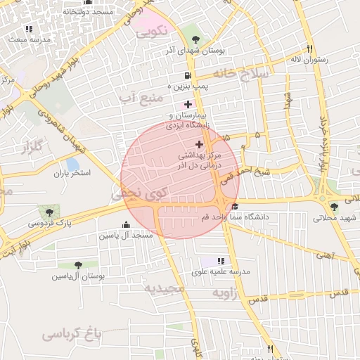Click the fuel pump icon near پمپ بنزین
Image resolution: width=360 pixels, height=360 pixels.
point(186,75)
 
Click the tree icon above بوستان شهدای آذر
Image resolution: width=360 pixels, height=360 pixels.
point(195,39)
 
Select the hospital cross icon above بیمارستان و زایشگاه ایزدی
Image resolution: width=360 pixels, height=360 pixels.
point(187,104)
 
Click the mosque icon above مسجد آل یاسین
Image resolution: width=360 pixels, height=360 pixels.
point(127,224)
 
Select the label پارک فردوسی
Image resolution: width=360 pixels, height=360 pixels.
point(50,222)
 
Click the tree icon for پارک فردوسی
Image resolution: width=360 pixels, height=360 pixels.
point(49,210)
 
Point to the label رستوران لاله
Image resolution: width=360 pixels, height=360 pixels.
point(307,60)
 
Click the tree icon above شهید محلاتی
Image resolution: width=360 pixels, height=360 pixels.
point(334,207)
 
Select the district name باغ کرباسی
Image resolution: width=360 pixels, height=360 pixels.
point(72,333)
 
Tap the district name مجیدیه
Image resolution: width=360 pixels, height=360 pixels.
point(164,288)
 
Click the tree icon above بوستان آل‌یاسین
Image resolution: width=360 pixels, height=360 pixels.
point(78,265)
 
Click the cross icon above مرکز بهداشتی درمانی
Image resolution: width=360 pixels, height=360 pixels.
point(200,143)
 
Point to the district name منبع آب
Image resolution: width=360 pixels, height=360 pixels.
point(141,95)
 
